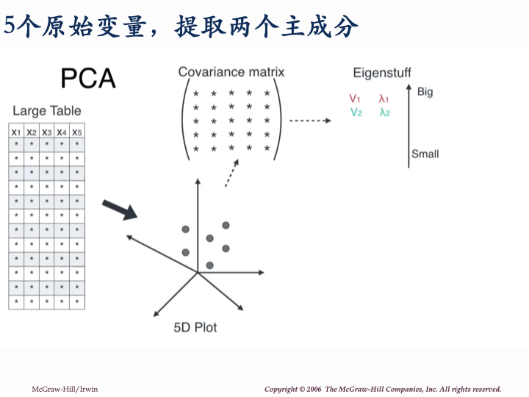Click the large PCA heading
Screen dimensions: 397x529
(88, 78)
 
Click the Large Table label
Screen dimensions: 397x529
(47, 111)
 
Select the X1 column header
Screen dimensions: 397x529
(16, 132)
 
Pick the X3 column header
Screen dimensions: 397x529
(46, 132)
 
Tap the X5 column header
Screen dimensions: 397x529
(77, 132)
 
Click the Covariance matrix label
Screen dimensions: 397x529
(231, 72)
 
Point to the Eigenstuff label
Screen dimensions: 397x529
(382, 73)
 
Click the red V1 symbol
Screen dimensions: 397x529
(355, 99)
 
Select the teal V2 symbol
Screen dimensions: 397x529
(356, 112)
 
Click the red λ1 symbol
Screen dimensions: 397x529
(384, 99)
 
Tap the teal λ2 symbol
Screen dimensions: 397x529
(384, 112)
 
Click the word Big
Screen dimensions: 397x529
(425, 92)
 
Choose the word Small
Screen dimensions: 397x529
(425, 154)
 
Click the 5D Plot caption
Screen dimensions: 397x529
(195, 327)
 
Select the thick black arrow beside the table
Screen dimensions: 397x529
(118, 209)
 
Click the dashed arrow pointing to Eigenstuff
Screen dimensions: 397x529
(309, 120)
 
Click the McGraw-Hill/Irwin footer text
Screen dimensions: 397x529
(64, 389)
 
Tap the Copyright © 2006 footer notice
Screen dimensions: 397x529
(383, 389)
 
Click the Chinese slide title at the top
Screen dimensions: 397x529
(181, 26)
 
